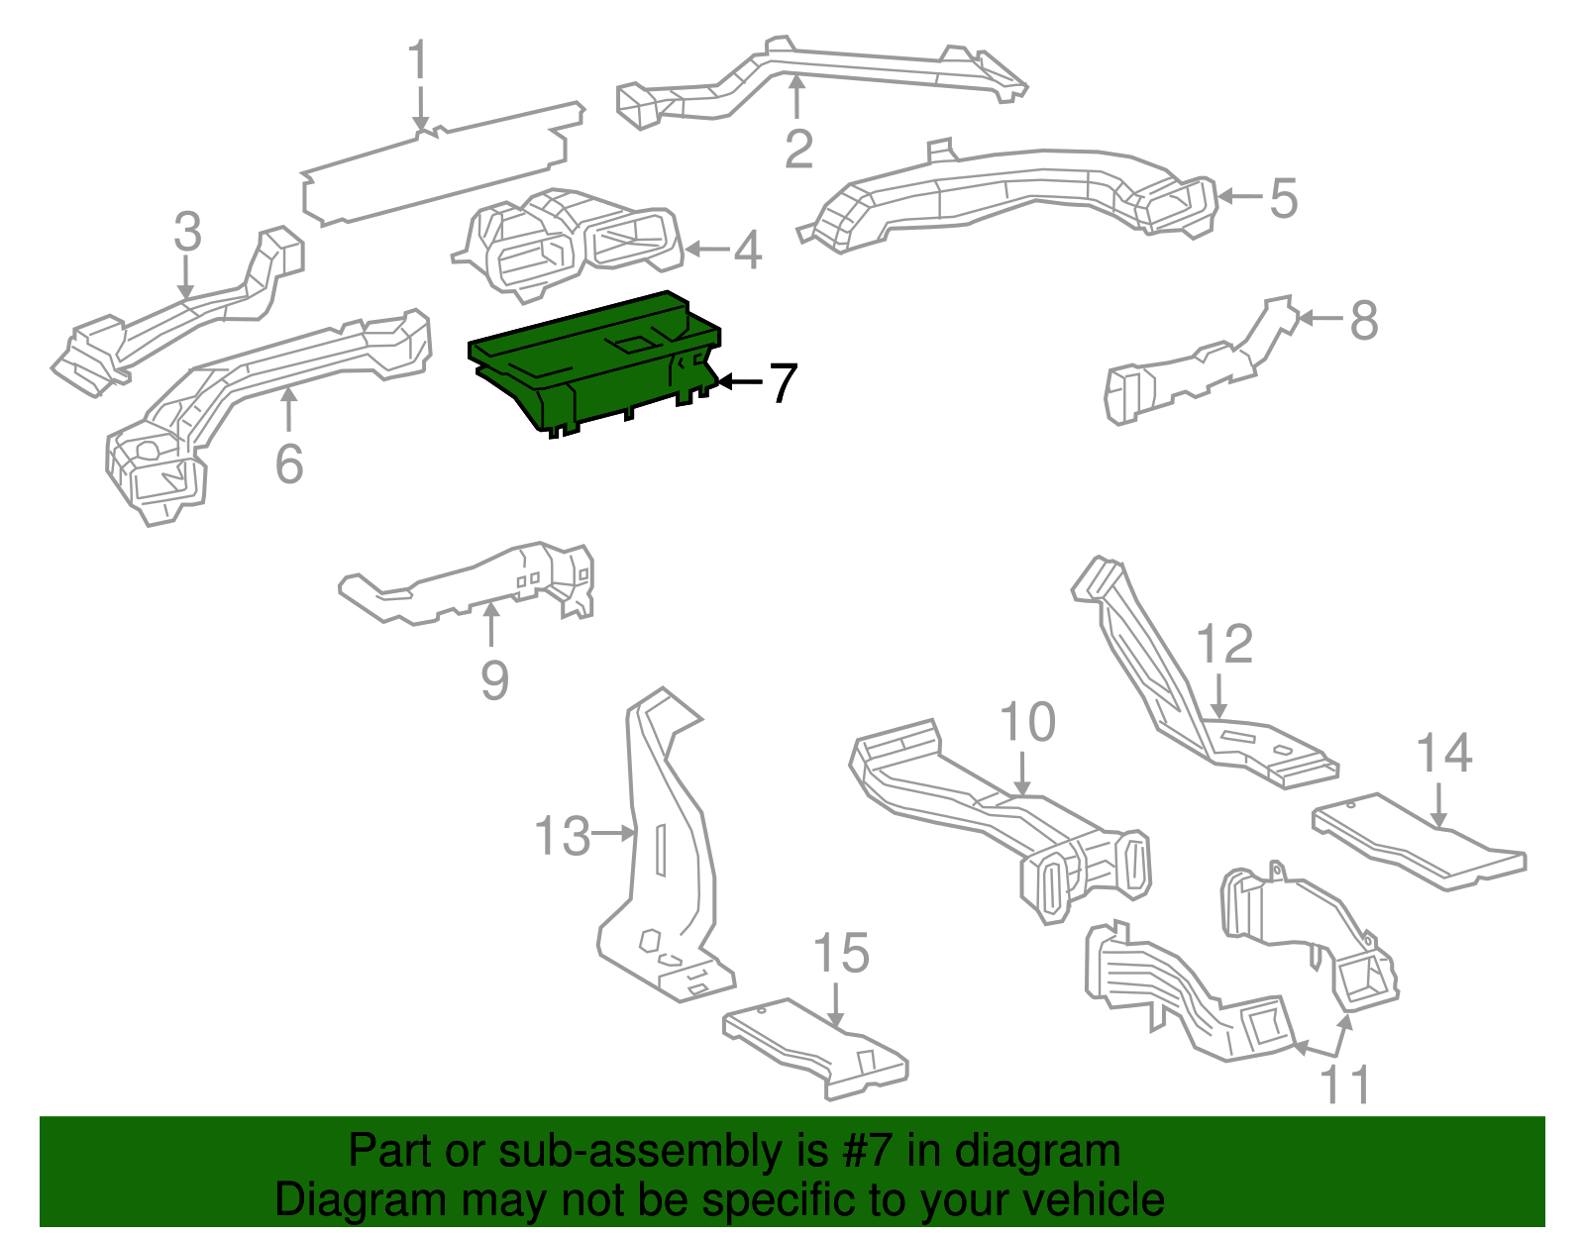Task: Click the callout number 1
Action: (419, 61)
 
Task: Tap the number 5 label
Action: (1283, 198)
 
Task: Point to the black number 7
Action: (783, 383)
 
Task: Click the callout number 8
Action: (1364, 321)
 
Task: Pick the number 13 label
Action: (562, 837)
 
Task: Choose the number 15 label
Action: (840, 954)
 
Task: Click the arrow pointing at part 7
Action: (739, 381)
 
